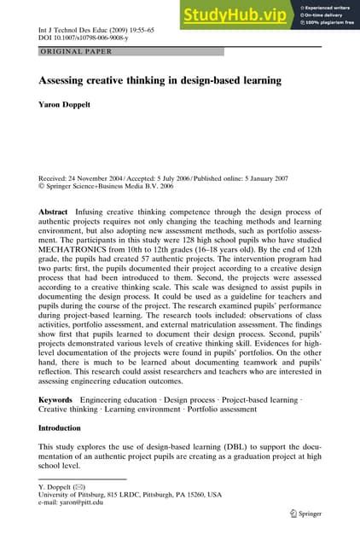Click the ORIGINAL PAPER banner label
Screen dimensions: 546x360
[71, 52]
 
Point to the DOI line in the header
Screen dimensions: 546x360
[83, 39]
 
